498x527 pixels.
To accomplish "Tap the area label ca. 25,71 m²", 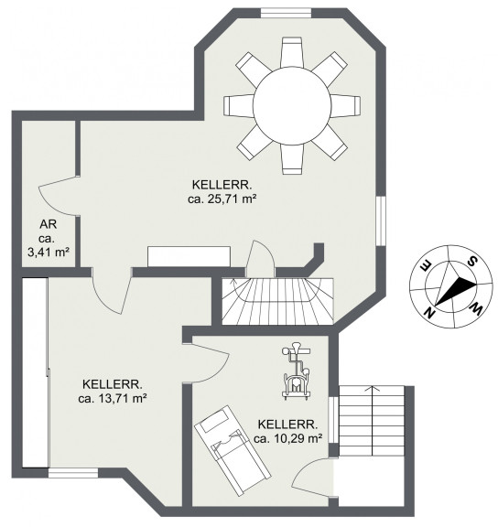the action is pos(222,199).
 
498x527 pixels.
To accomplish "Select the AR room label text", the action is pos(49,224).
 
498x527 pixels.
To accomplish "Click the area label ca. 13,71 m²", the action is pos(113,399).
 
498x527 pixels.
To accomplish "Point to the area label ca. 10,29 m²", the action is pos(288,438).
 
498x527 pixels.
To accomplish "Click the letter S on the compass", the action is pos(472,261).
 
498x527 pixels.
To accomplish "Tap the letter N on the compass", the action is pos(428,313).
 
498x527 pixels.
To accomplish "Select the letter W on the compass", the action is pos(477,309).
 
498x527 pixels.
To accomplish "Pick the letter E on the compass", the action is pos(425,266).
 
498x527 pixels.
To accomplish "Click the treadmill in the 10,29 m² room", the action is pos(233,450).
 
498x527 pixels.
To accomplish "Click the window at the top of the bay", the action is pos(287,13).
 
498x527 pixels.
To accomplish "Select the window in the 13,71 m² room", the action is pos(73,473).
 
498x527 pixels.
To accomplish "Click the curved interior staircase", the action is pos(277,301).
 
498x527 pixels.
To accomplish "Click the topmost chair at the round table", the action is pos(292,52).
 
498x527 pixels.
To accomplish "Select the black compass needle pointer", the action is pos(456,291).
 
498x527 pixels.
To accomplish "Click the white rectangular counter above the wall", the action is pos(189,257).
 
